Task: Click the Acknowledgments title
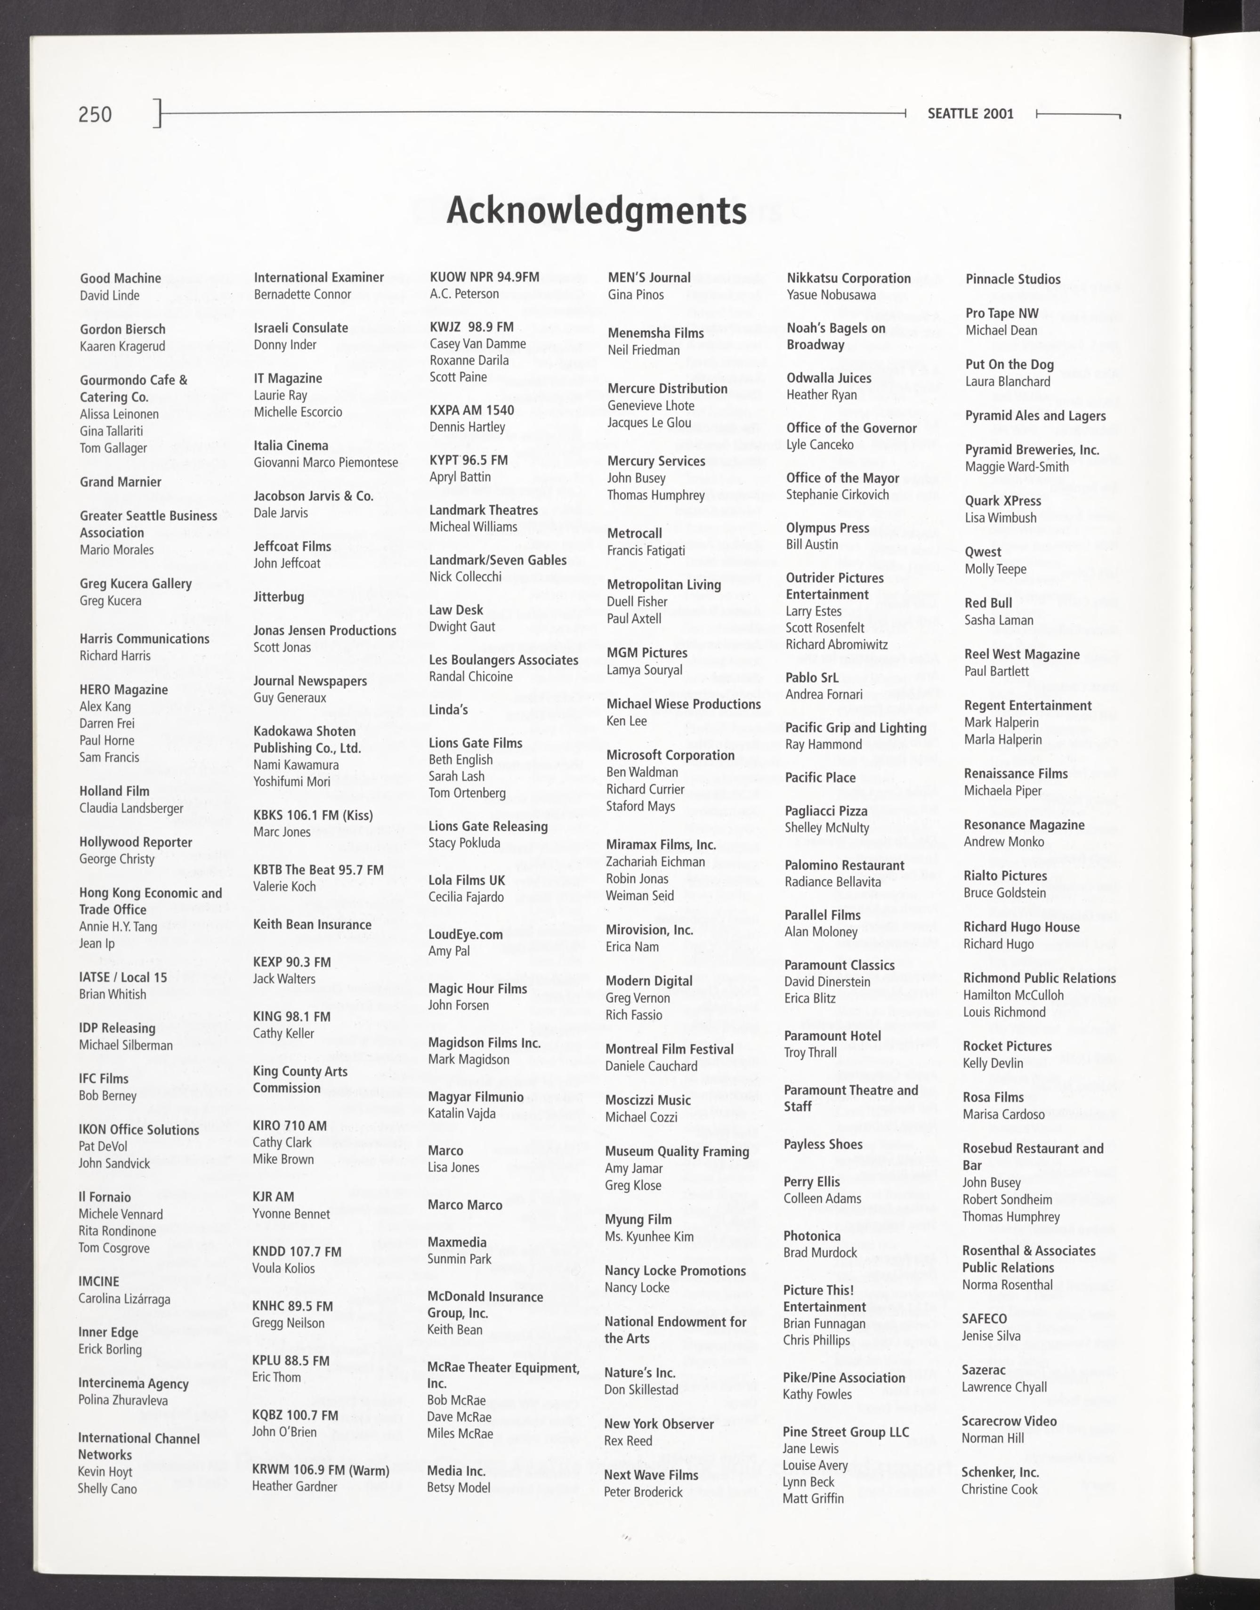coord(596,210)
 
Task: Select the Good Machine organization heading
coord(120,278)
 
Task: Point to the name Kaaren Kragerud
coord(122,346)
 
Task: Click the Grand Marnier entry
coord(120,482)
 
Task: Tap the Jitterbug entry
coord(278,597)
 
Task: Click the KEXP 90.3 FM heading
coord(291,962)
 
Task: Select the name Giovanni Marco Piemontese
coord(325,462)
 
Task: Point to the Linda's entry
coord(449,710)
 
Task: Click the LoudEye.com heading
coord(466,934)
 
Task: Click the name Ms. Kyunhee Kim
coord(649,1237)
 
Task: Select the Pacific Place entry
coord(820,778)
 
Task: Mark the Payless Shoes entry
coord(823,1144)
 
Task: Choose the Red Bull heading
coord(988,603)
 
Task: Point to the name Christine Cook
coord(999,1489)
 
